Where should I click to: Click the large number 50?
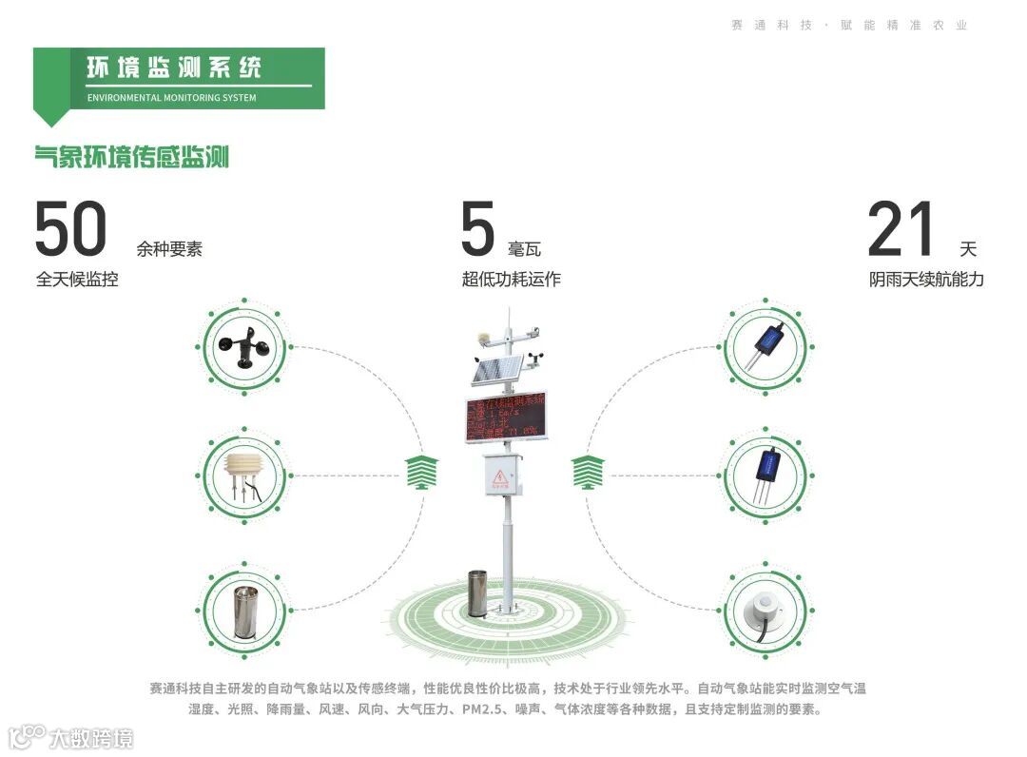pos(71,230)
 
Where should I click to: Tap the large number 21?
pos(901,230)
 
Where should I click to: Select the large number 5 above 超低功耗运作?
pos(478,230)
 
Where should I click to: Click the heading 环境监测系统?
pos(173,68)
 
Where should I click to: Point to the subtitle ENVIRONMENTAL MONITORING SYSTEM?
pos(171,97)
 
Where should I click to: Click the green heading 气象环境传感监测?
pos(132,156)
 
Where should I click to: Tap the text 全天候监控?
pos(77,280)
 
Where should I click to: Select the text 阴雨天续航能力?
pos(925,280)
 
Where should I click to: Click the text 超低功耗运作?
pos(511,280)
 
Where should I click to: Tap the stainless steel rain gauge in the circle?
pos(244,610)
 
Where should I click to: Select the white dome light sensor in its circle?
pos(765,610)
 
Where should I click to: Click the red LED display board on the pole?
pos(506,417)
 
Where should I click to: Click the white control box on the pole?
pos(502,473)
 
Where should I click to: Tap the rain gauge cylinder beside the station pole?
pos(477,593)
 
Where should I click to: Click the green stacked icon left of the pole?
pos(422,473)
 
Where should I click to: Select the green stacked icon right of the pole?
pos(589,473)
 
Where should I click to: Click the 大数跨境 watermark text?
pos(90,737)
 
